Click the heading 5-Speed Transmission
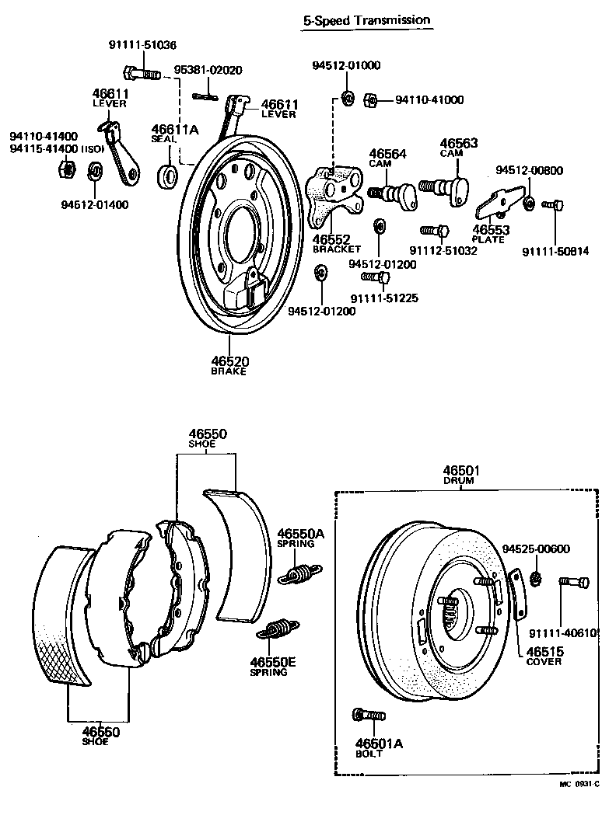pos(366,20)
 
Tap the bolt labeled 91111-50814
pos(553,205)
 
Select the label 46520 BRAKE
pos(229,365)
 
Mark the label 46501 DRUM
pos(462,475)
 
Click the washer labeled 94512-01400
pos(94,169)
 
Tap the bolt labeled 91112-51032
pos(434,231)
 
